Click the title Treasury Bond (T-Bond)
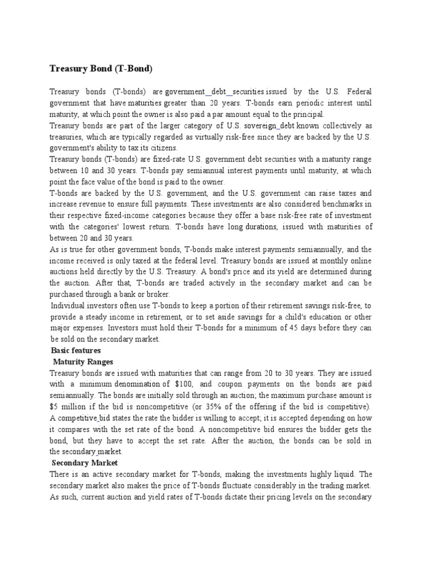pos(101,69)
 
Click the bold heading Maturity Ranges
pos(83,362)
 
